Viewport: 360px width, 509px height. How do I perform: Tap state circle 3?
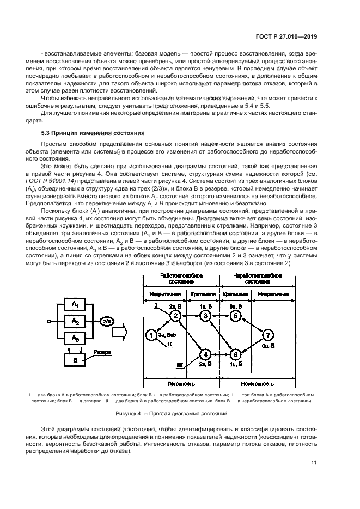205,315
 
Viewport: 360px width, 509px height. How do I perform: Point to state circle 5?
235,315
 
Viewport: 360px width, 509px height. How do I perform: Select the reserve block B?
72,360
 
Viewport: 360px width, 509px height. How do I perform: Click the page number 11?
314,463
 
